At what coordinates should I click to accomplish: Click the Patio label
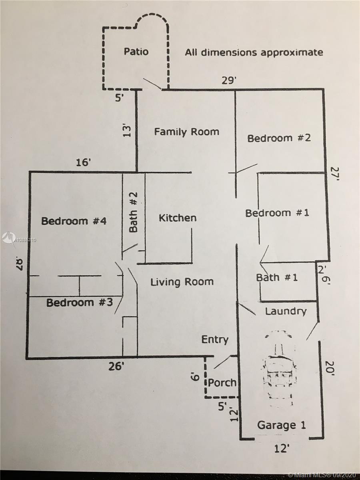coord(136,52)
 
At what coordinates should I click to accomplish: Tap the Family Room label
coord(187,132)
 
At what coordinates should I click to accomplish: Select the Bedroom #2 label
coord(279,138)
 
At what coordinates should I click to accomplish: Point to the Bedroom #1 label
coord(277,213)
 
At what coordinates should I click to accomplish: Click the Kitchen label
coord(178,218)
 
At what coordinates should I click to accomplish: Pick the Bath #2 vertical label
coord(133,212)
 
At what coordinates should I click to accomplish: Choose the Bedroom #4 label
coord(74,221)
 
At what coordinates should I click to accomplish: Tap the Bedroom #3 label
coord(80,303)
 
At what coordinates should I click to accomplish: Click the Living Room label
coord(182,282)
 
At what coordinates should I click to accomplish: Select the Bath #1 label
coord(277,278)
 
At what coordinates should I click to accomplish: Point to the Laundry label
coord(286,311)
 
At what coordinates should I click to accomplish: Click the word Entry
coord(215,340)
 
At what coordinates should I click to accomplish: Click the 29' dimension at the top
coord(229,81)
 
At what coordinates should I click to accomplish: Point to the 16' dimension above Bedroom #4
coord(83,162)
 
